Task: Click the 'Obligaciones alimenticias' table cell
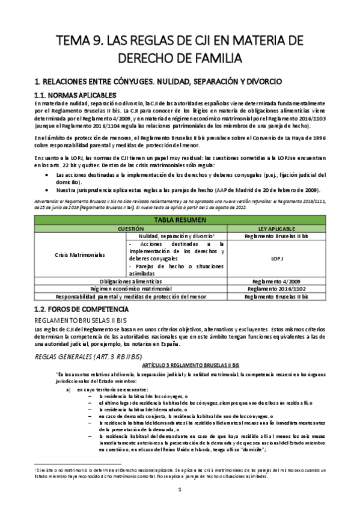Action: [x=132, y=280]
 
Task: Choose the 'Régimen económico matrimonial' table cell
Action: [x=132, y=288]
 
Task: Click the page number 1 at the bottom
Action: [x=180, y=490]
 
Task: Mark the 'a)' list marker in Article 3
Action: [x=69, y=389]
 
